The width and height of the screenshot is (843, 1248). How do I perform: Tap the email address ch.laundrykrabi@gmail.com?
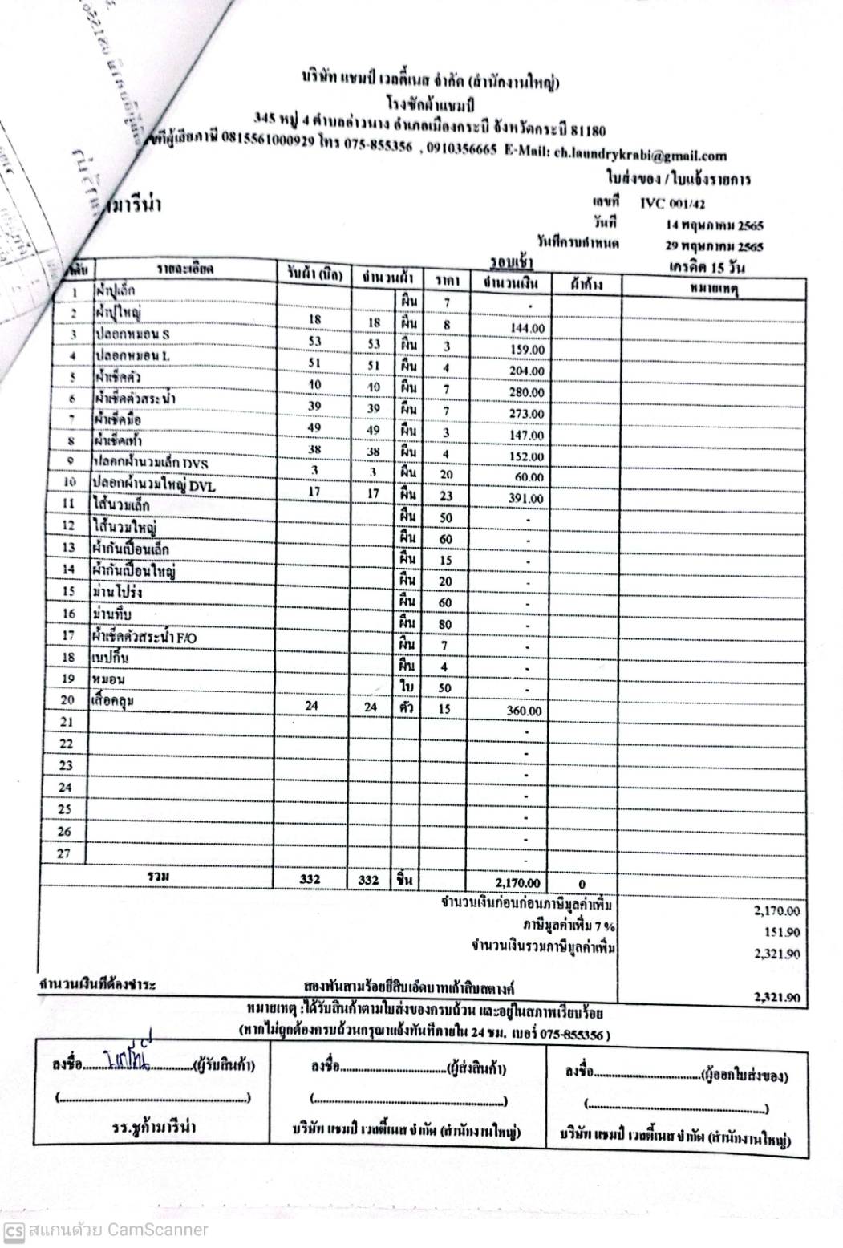(640, 156)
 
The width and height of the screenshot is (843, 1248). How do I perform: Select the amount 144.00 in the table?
(527, 329)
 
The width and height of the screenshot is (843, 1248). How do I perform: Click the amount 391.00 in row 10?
(527, 499)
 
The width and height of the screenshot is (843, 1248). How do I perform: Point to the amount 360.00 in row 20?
(525, 711)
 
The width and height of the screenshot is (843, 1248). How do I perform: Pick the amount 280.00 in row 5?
(527, 393)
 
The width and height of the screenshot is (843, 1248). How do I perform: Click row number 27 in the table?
(66, 854)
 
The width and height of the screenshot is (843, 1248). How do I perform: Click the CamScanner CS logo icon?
(13, 1230)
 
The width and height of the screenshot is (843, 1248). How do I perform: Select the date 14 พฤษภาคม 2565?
(714, 226)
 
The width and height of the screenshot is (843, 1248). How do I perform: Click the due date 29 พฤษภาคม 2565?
(714, 247)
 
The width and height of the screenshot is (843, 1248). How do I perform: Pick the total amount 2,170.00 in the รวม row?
(517, 881)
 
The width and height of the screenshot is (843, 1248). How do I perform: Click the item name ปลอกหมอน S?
(132, 334)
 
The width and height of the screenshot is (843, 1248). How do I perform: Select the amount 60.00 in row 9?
(529, 478)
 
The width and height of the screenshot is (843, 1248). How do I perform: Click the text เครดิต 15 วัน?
(704, 267)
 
